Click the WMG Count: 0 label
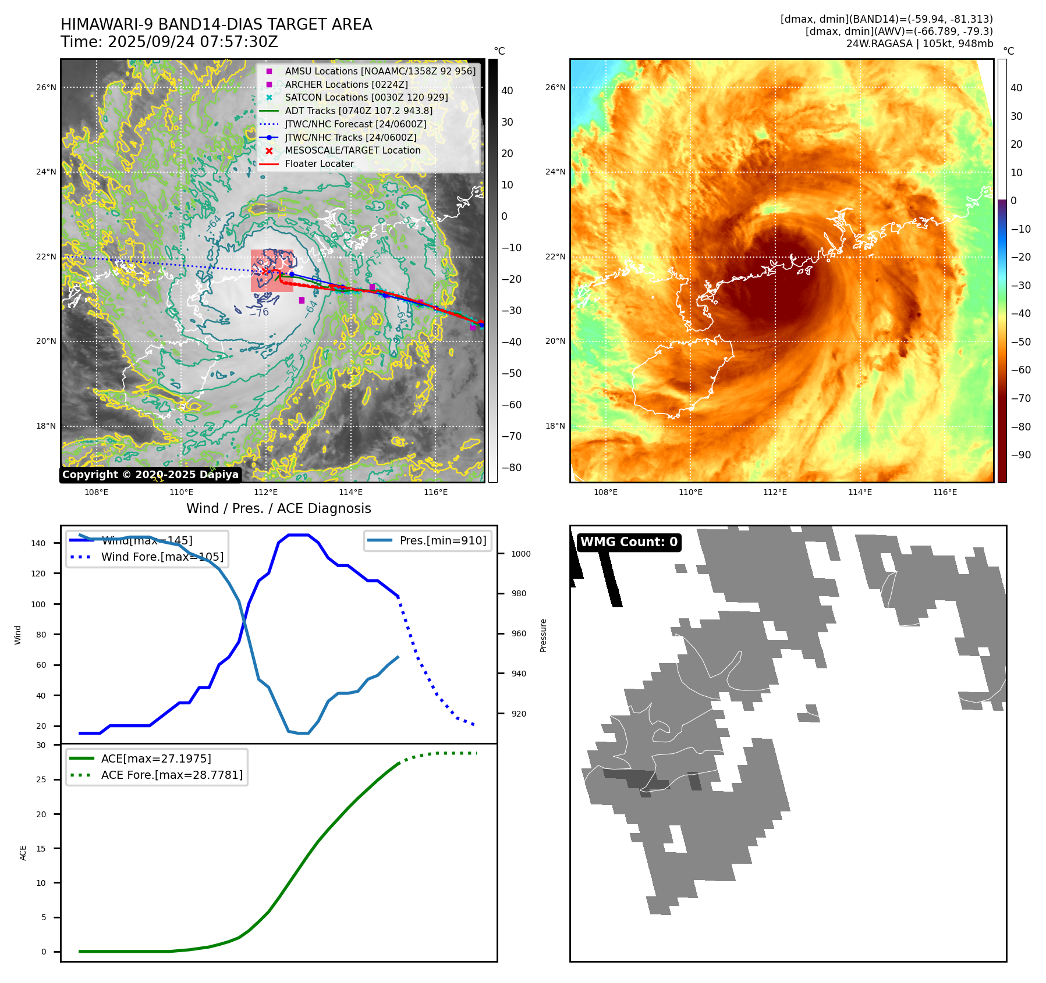tap(629, 542)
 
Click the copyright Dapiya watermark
tap(150, 475)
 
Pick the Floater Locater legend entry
tap(319, 164)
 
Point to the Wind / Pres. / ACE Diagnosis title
tap(278, 508)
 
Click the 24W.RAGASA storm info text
tap(919, 44)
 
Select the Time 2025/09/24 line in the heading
tap(169, 42)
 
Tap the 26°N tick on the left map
tap(46, 88)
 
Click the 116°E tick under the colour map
tap(944, 492)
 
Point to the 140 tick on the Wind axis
tap(38, 543)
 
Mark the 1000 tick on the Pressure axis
tap(520, 554)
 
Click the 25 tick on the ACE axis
tap(41, 779)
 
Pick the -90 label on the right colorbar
tap(1020, 455)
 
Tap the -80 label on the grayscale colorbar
tap(511, 468)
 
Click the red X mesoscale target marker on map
tap(265, 270)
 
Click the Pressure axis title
tap(543, 635)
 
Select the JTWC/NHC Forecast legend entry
tap(355, 124)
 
